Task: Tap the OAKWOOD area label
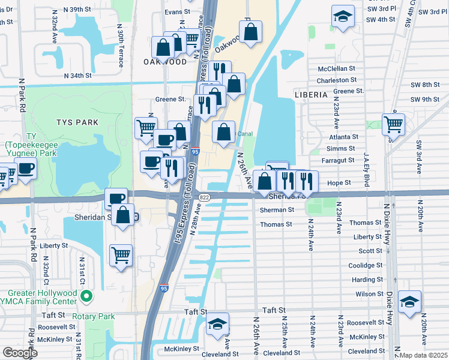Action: (x=164, y=62)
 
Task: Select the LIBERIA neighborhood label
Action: (x=311, y=95)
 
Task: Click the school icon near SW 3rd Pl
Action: (x=343, y=17)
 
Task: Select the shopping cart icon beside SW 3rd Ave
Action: (x=393, y=124)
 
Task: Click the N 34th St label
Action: (x=77, y=76)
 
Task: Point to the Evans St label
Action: (x=177, y=12)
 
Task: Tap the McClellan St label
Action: (x=338, y=69)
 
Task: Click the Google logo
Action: (x=20, y=353)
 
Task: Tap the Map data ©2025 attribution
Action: (x=423, y=355)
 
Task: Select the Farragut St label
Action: (x=341, y=161)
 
